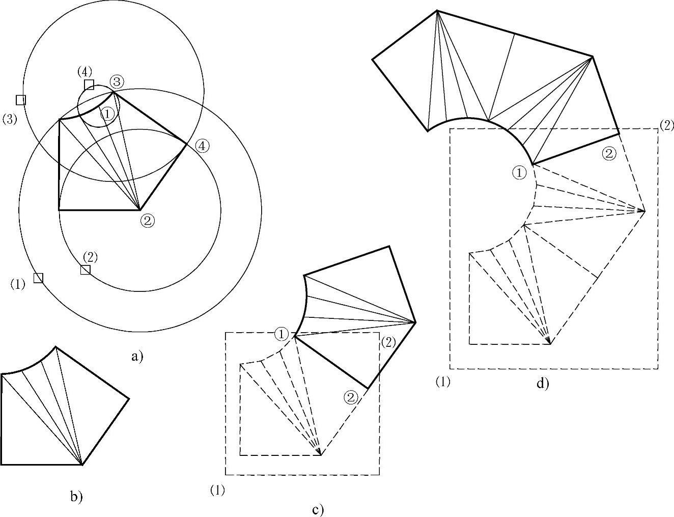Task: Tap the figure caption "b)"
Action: tap(76, 496)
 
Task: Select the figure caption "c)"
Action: tap(318, 509)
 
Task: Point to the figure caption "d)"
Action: tap(543, 383)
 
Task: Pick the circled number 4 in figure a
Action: tap(202, 146)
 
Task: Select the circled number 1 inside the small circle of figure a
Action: tap(107, 114)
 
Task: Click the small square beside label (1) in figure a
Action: tap(38, 278)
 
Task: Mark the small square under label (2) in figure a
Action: tap(86, 269)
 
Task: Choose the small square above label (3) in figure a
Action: tap(21, 100)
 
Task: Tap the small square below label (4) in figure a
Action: tap(89, 84)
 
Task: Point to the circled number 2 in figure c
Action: tap(351, 397)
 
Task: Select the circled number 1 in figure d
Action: tap(519, 173)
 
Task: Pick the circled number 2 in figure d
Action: tap(609, 153)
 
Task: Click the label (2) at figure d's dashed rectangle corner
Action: tap(666, 125)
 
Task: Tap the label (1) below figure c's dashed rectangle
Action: tap(217, 490)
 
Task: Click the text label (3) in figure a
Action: tap(10, 119)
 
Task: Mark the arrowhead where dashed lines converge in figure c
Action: tap(320, 453)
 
